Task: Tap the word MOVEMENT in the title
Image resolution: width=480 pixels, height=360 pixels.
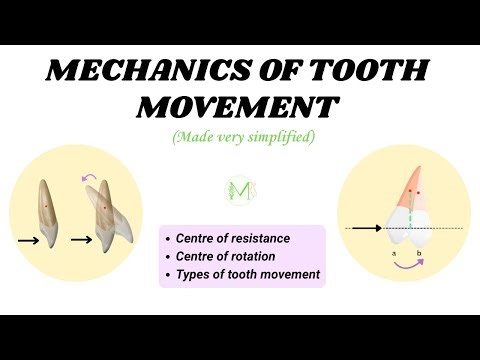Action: pos(240,106)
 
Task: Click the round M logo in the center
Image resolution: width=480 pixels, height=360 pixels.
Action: pos(240,191)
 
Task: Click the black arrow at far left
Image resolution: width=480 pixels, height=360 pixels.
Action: pos(30,240)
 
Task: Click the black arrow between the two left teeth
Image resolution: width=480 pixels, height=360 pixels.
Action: pos(83,240)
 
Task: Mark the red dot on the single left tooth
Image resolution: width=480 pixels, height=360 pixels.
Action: pos(47,206)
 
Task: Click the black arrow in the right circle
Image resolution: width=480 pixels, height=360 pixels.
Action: pos(364,229)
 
